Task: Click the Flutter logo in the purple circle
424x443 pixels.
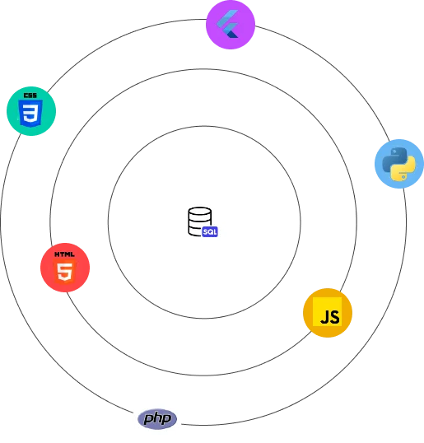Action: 228,24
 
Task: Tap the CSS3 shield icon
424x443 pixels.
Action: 30,113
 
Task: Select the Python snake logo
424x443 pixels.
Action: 398,164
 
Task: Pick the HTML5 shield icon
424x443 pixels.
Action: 65,271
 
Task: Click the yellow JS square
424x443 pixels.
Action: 327,311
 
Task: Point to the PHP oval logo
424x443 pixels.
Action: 157,418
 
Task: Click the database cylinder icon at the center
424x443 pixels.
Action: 200,221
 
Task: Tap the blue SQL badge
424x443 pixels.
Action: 210,231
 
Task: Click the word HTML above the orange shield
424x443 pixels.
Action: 64,254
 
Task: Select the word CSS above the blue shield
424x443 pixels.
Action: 30,96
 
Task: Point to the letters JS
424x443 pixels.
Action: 330,317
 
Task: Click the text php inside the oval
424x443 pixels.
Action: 157,418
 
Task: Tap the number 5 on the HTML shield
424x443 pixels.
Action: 65,272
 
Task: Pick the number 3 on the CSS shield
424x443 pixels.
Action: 30,114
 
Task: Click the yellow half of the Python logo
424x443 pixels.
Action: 403,169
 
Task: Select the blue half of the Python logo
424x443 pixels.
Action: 394,159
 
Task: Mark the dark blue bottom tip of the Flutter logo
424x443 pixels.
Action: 233,35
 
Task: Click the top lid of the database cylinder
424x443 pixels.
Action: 200,211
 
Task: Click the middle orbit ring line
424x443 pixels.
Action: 203,69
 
